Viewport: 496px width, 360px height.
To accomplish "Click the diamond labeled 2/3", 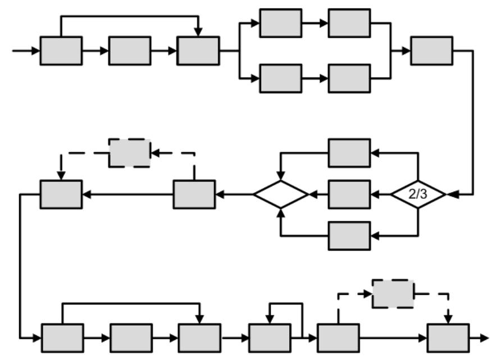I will (x=418, y=194).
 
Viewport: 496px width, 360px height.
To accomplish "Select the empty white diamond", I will (x=281, y=194).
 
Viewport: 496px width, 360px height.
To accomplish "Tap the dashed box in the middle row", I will (x=130, y=153).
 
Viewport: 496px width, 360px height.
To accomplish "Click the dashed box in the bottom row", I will (x=393, y=293).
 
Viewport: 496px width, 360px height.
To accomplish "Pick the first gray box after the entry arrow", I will (x=61, y=51).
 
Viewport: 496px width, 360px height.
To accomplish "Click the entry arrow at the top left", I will (x=25, y=51).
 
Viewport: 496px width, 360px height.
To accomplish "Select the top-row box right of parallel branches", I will (x=431, y=51).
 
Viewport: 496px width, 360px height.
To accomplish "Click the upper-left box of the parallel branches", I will (x=280, y=23).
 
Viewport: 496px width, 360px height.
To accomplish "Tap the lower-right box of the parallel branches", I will (x=349, y=78).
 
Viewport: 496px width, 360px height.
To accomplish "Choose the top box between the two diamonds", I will (x=349, y=153).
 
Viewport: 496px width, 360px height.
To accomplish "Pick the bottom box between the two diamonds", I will (x=349, y=235).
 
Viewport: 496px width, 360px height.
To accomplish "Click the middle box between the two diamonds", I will (x=349, y=194).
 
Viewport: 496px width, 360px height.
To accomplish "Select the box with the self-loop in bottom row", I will (x=270, y=338).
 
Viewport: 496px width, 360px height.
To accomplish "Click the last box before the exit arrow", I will (x=448, y=338).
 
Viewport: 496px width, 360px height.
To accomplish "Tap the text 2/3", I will (x=418, y=194).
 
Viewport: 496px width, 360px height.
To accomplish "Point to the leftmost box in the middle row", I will (x=61, y=194).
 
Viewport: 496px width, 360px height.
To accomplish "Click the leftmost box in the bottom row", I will (x=62, y=338).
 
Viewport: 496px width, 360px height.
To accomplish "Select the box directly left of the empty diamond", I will (x=194, y=194).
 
